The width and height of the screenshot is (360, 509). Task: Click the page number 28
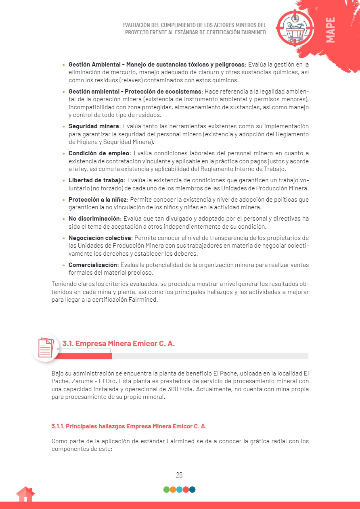[180, 475]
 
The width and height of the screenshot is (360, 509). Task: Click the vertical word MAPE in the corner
[330, 30]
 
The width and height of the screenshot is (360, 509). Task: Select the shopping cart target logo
[295, 27]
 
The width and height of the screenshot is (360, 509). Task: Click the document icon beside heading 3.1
[46, 347]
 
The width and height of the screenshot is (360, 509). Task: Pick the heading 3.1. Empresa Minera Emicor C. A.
[118, 344]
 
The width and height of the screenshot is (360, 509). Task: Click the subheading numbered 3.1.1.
[129, 426]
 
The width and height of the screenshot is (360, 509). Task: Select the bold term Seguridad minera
[94, 126]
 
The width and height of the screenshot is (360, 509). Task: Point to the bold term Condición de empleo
[99, 153]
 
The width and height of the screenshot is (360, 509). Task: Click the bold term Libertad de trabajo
[96, 180]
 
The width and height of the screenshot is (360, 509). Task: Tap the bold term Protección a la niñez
[98, 200]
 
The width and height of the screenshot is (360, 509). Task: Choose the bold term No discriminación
[94, 219]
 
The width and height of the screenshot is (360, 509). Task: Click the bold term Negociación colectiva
[100, 238]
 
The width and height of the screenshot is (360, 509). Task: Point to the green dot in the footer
[166, 490]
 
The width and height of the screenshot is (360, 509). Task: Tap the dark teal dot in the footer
[193, 490]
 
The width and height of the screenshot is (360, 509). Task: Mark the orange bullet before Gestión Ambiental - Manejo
[64, 65]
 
